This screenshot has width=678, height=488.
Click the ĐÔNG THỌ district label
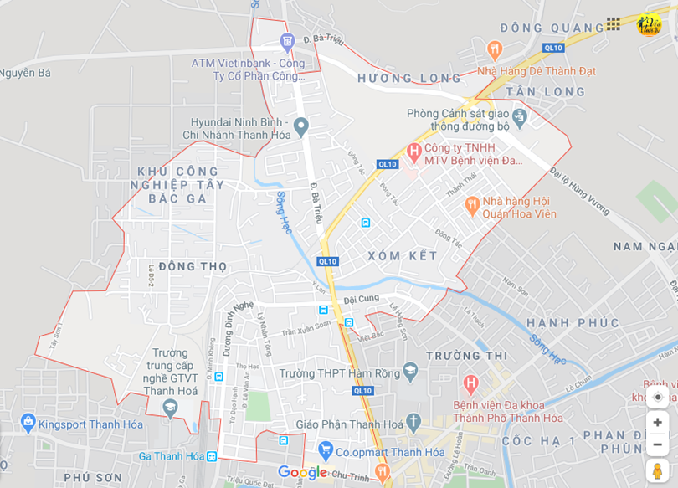coord(182,266)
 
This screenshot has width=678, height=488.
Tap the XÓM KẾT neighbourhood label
coord(403,255)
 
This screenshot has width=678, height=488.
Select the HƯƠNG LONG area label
coord(408,79)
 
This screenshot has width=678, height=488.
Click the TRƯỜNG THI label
coord(466,356)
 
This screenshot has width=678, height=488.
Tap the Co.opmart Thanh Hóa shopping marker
coord(326,451)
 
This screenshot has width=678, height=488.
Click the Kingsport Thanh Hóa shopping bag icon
coord(28,422)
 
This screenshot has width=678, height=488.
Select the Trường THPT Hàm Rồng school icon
coord(410,370)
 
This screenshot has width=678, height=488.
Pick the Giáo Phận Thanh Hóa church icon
coord(413,422)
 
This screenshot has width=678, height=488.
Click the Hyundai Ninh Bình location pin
coord(301,126)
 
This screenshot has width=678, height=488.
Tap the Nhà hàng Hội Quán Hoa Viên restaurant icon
coord(472,204)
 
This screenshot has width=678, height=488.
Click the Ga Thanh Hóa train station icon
coord(212,456)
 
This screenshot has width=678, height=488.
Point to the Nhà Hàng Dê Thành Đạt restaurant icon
coord(494,49)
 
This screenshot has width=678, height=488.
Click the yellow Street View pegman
coord(657,470)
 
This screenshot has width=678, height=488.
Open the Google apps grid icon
coord(614,23)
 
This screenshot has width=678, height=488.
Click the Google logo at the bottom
coord(302,472)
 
